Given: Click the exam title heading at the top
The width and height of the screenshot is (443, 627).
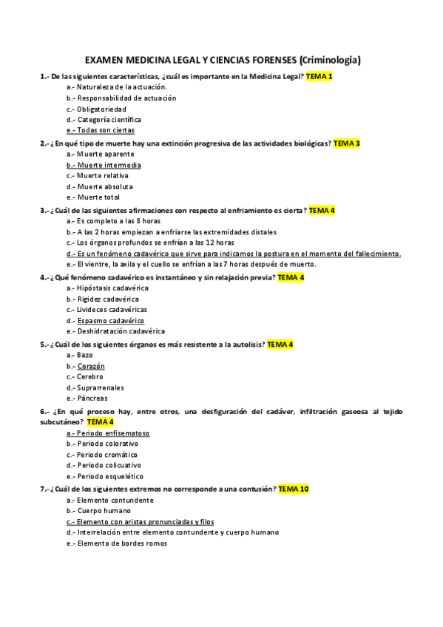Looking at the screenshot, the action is [223, 59].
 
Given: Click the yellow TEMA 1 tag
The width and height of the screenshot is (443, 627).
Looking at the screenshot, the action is [319, 76].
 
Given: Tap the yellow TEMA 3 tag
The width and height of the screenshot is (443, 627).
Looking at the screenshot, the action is [346, 143].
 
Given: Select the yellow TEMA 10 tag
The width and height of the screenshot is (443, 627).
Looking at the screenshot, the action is [293, 489].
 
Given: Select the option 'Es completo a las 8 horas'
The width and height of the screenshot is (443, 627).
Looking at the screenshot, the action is [118, 221].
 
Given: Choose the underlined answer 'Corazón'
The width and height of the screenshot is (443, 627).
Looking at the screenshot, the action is [91, 366].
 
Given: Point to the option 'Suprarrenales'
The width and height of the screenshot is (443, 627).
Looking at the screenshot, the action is [100, 387].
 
